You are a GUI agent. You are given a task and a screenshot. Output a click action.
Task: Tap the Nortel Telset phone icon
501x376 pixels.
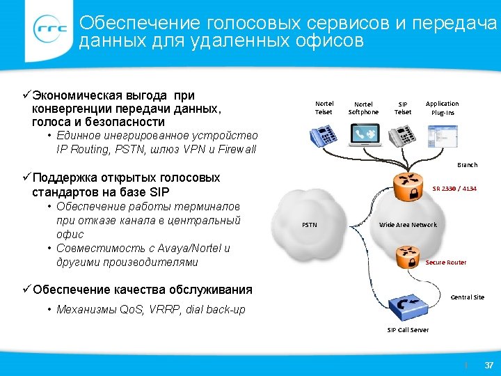(x=324, y=134)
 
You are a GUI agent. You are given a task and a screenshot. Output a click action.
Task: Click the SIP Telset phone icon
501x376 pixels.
(x=403, y=134)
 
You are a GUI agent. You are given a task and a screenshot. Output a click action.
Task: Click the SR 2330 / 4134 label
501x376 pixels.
(x=454, y=189)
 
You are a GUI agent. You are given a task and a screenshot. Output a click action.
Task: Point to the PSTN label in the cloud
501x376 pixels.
(x=310, y=225)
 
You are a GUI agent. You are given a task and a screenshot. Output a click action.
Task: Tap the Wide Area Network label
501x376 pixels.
(x=408, y=225)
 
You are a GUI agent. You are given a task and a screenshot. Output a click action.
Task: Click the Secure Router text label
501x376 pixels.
(x=446, y=263)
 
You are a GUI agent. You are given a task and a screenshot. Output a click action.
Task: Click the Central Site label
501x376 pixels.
(x=467, y=297)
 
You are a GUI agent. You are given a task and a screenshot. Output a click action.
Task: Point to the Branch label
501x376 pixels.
(x=467, y=165)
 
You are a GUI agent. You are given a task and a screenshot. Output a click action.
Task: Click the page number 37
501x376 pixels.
(x=488, y=365)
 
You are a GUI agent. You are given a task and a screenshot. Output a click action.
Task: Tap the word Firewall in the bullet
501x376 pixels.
(x=239, y=150)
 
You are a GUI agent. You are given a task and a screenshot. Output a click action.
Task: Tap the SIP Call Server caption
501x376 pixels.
(x=408, y=329)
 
